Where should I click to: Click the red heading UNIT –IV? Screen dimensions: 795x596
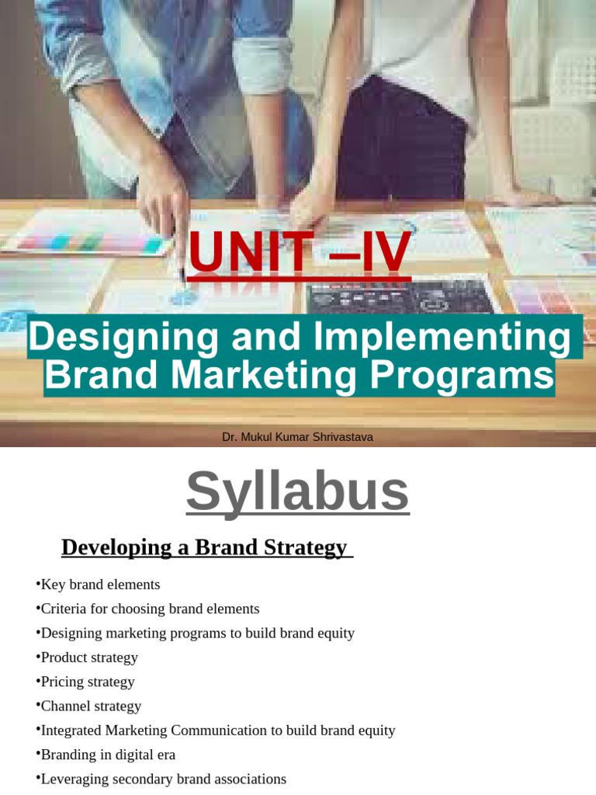(x=299, y=253)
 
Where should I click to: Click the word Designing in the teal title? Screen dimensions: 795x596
(x=105, y=337)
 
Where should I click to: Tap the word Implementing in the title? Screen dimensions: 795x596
(x=442, y=337)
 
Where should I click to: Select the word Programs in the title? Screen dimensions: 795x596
(x=462, y=376)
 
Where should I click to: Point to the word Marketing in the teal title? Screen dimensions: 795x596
(x=264, y=376)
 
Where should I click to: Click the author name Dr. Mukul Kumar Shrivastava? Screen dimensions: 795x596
(x=297, y=437)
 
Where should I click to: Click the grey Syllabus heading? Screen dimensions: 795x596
(x=297, y=491)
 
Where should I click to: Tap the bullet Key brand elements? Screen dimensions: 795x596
(x=99, y=585)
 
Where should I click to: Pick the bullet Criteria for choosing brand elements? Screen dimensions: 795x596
(x=149, y=609)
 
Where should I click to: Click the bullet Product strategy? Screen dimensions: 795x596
(x=88, y=658)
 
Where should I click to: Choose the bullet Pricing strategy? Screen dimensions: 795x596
(x=87, y=682)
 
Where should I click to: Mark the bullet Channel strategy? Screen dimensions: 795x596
(x=90, y=706)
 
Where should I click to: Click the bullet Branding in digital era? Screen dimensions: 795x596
(x=107, y=755)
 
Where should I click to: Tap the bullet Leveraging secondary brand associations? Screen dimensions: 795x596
(x=163, y=779)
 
